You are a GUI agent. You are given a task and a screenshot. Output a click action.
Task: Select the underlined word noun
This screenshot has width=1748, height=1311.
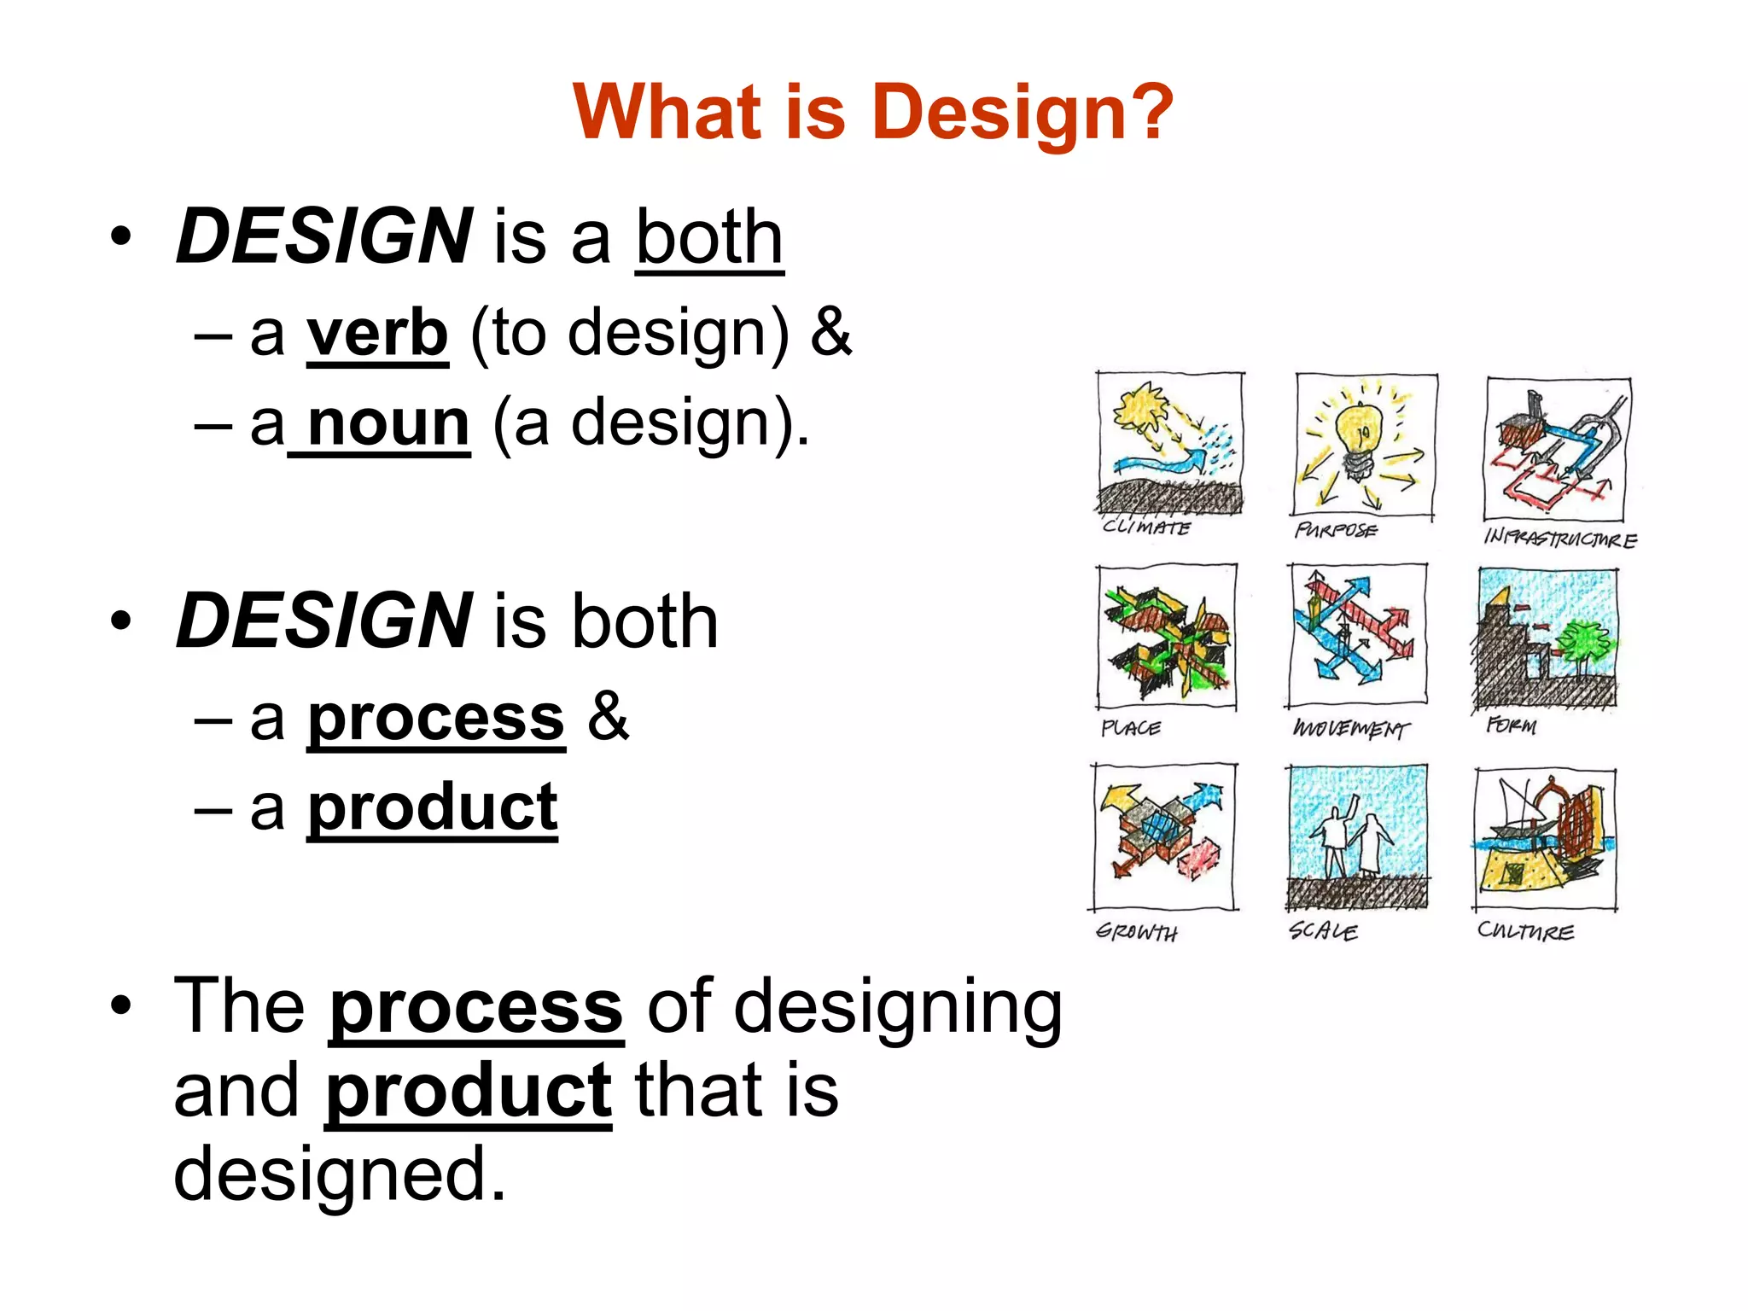(x=388, y=423)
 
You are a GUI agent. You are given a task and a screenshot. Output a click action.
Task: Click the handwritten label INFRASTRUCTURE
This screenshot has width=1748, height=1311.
(x=1560, y=539)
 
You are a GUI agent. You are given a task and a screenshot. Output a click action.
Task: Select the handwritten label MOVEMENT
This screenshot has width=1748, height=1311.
(x=1350, y=729)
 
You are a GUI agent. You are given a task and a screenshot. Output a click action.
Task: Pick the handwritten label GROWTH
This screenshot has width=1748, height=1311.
(x=1137, y=932)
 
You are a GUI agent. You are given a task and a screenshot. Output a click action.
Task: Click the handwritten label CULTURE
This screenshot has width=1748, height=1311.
(x=1526, y=930)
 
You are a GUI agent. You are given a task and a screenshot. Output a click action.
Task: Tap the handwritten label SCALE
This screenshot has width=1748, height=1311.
(x=1323, y=930)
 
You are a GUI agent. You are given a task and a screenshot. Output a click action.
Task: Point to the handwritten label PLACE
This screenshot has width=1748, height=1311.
(x=1131, y=728)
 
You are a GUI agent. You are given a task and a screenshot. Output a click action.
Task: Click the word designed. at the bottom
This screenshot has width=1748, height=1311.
(x=340, y=1174)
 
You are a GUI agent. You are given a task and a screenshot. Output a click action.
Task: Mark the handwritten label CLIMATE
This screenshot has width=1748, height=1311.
(x=1146, y=527)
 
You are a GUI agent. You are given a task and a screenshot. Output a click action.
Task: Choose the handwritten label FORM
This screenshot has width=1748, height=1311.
(x=1512, y=725)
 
